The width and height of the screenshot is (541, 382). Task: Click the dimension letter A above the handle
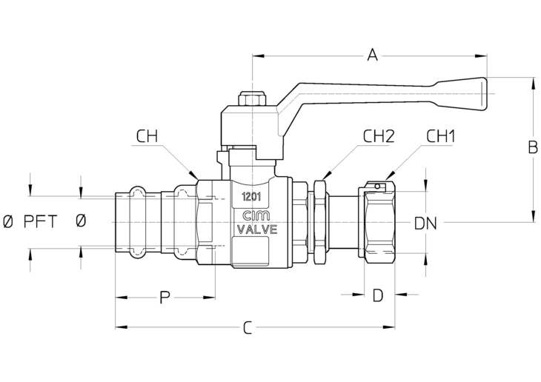click(372, 55)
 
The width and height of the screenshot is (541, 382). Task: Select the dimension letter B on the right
click(533, 147)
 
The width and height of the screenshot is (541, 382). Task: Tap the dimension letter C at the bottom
click(248, 328)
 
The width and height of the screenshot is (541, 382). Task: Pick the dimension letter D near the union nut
click(378, 295)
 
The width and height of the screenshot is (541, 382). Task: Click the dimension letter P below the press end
click(165, 297)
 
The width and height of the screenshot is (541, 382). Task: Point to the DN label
click(425, 224)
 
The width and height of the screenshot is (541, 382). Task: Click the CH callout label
click(147, 136)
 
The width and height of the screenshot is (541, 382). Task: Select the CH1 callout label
click(441, 136)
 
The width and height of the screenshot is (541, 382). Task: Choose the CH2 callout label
click(379, 136)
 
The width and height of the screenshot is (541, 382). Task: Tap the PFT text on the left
click(40, 221)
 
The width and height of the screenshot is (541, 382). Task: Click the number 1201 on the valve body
click(251, 197)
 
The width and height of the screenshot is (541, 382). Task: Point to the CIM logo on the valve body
click(256, 216)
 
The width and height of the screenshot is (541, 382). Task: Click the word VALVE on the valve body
click(256, 229)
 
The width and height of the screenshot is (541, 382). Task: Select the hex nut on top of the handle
click(252, 98)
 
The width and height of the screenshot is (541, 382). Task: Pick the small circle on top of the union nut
click(377, 187)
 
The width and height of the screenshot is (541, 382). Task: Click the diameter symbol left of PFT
click(7, 221)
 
